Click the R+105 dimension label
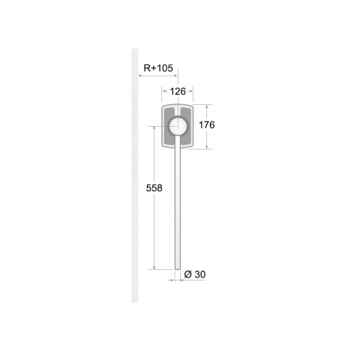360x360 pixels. pos(158,68)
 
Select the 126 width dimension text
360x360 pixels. pos(178,91)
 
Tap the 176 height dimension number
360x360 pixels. pos(207,124)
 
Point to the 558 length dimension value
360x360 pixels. pos(154,188)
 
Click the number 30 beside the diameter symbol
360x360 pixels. pos(200,274)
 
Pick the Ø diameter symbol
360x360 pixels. pos(188,274)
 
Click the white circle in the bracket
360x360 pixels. pos(178,126)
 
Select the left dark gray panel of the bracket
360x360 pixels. pos(169,127)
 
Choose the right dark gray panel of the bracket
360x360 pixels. pos(186,127)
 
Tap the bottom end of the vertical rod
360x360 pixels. pos(178,269)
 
